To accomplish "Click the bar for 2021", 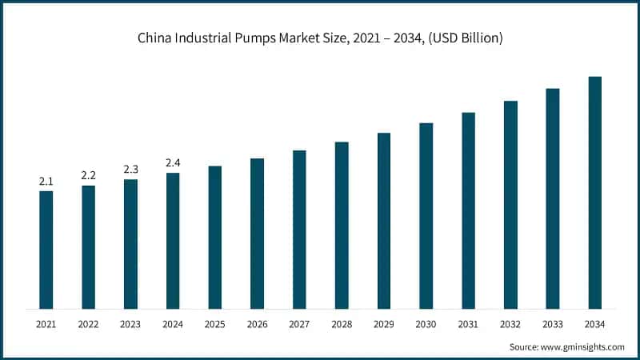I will click(x=46, y=250).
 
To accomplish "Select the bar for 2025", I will click(x=214, y=238).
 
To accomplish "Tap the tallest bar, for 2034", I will click(x=594, y=193).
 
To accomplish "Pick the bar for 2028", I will click(x=342, y=226).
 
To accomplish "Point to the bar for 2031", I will click(x=468, y=210).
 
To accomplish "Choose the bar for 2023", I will click(x=130, y=244).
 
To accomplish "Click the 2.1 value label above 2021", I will click(x=46, y=182).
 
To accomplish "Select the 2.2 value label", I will click(x=88, y=175).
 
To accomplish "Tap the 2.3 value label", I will click(x=130, y=169).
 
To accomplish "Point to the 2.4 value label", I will click(x=173, y=163).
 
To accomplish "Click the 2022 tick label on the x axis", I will click(x=88, y=324).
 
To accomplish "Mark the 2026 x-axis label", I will click(x=257, y=324).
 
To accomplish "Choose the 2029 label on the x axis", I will click(x=384, y=324).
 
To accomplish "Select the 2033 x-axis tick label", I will click(x=552, y=324).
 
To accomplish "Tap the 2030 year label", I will click(x=426, y=324).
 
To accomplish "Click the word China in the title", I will click(x=154, y=38).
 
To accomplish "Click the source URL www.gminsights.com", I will click(x=582, y=347).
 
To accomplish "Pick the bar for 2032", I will click(x=510, y=205).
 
